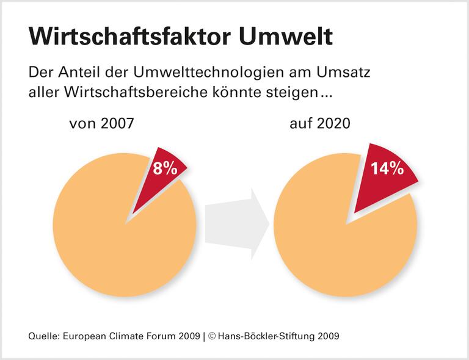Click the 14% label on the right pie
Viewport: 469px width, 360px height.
[x=387, y=168]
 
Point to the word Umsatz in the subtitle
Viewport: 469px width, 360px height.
[x=342, y=73]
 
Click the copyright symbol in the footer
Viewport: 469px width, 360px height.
[x=213, y=336]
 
